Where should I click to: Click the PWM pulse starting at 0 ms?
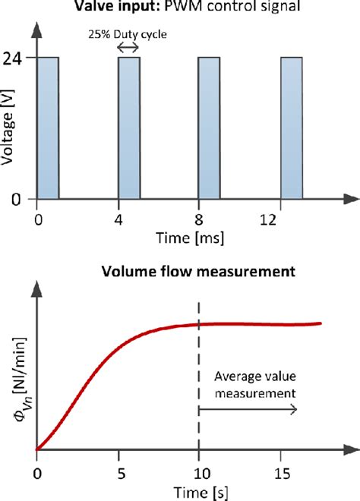click(x=48, y=128)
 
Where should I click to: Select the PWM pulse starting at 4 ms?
click(x=129, y=128)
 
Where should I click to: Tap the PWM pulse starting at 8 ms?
click(x=209, y=128)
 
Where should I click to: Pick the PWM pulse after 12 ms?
click(x=292, y=128)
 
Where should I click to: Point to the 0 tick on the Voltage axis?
click(x=23, y=199)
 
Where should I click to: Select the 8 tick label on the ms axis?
click(x=198, y=220)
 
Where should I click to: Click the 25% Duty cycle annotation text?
click(x=127, y=33)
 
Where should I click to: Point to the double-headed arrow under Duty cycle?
click(x=128, y=48)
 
